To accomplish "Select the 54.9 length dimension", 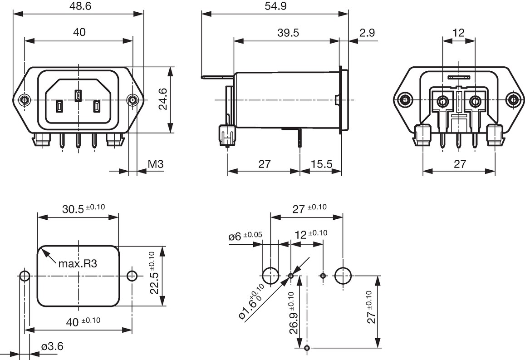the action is [275, 6].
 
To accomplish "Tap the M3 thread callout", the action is [155, 164].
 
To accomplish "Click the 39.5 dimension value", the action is [288, 33].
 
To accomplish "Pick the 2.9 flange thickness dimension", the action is [367, 33].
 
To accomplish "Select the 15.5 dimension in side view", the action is [321, 164].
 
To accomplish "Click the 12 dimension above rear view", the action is [458, 33].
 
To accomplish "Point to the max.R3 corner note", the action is [78, 264].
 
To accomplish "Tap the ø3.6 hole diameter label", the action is [52, 346].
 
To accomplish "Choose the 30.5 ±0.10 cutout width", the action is [83, 209].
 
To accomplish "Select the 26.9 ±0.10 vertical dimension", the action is [293, 313].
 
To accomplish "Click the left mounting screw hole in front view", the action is [24, 99].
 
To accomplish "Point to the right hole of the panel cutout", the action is [132, 276].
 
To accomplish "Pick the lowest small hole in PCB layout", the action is [308, 348].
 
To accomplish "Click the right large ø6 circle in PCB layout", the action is [343, 276].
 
